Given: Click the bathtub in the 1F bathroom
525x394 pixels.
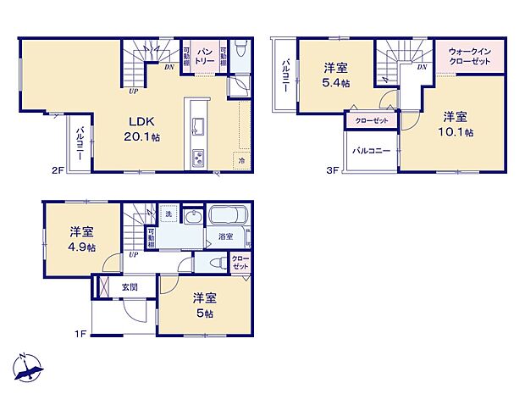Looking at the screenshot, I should click(x=227, y=218).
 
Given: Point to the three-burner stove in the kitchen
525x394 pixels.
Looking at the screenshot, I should click(x=197, y=158).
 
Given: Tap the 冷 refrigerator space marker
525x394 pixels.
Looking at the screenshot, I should click(x=241, y=160).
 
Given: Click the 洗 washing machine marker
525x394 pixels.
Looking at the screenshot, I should click(x=168, y=214).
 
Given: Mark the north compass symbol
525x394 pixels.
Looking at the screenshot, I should click(x=30, y=366).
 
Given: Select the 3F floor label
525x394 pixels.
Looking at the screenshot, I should click(x=333, y=169).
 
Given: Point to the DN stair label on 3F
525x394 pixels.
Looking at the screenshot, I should click(x=421, y=65).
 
